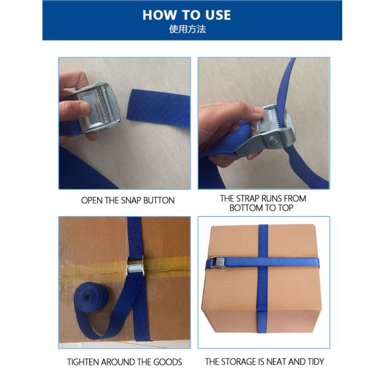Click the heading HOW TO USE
click(x=187, y=15)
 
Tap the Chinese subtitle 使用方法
click(x=187, y=30)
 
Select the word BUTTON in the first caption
click(x=159, y=200)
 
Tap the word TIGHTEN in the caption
click(x=83, y=362)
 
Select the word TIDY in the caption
click(x=316, y=362)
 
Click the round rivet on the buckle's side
click(x=273, y=142)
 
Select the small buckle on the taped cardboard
click(x=135, y=268)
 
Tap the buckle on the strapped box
click(x=219, y=262)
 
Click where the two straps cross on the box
click(x=263, y=262)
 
